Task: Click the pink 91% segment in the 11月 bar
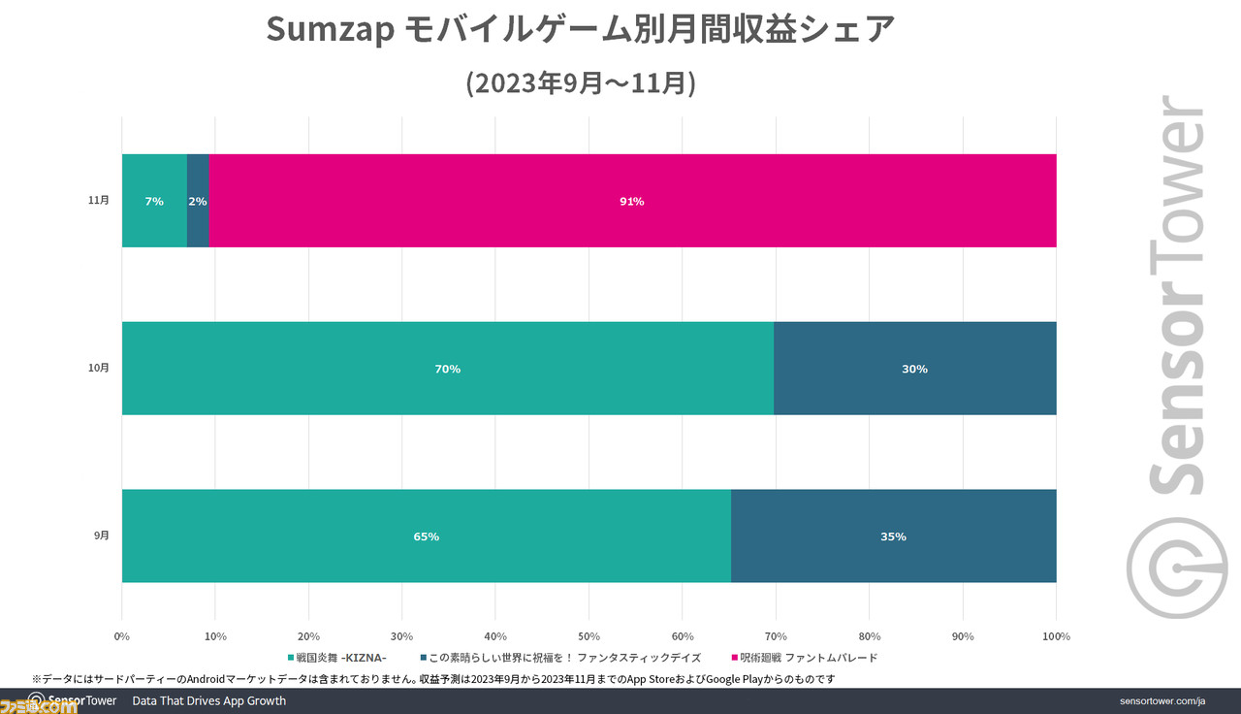(x=632, y=201)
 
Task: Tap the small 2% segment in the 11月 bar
(x=198, y=201)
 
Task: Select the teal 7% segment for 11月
(x=154, y=201)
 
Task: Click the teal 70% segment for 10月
(x=447, y=369)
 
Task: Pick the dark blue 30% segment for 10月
(x=914, y=369)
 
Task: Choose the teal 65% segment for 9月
(x=426, y=536)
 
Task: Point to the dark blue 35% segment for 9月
(x=893, y=536)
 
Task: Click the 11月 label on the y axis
(x=98, y=201)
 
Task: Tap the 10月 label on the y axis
(x=98, y=369)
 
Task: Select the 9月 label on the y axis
(x=101, y=536)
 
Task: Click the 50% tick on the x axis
(x=589, y=636)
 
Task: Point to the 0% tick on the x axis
(x=122, y=636)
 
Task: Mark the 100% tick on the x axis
(x=1055, y=636)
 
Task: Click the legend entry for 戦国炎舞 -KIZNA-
(x=338, y=658)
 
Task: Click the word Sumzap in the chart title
(x=329, y=31)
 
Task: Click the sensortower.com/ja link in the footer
(x=1161, y=701)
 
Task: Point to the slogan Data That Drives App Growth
(x=208, y=700)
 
